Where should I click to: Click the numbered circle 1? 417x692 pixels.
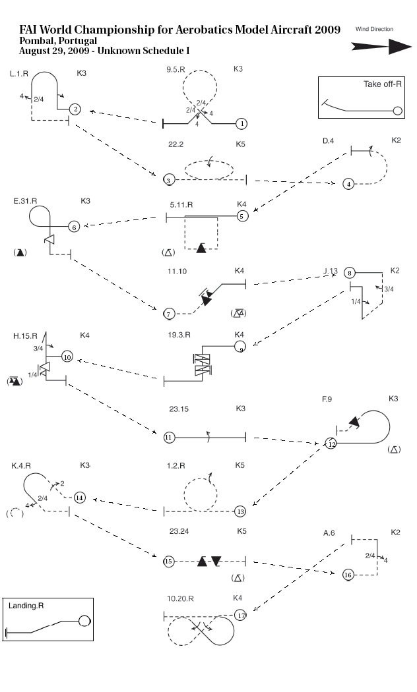point(242,123)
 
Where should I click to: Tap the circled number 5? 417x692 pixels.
point(242,216)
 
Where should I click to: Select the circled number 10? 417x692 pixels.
point(67,357)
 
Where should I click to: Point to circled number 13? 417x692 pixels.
point(241,511)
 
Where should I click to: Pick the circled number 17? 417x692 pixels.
point(241,616)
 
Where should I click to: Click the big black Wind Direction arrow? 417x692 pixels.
point(382,46)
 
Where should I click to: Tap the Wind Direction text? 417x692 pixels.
point(374,30)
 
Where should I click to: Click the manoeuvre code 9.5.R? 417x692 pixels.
point(178,69)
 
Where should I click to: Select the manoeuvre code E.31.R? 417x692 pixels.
point(25,201)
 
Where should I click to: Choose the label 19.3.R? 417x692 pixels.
point(179,335)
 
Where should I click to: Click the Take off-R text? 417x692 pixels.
point(383,84)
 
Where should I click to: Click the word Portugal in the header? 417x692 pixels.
point(75,41)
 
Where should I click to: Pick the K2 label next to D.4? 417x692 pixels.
point(396,140)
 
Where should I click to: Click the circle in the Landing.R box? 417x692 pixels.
point(84,620)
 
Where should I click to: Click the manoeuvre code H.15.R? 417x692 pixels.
point(25,336)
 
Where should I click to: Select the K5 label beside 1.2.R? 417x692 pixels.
point(240,465)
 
